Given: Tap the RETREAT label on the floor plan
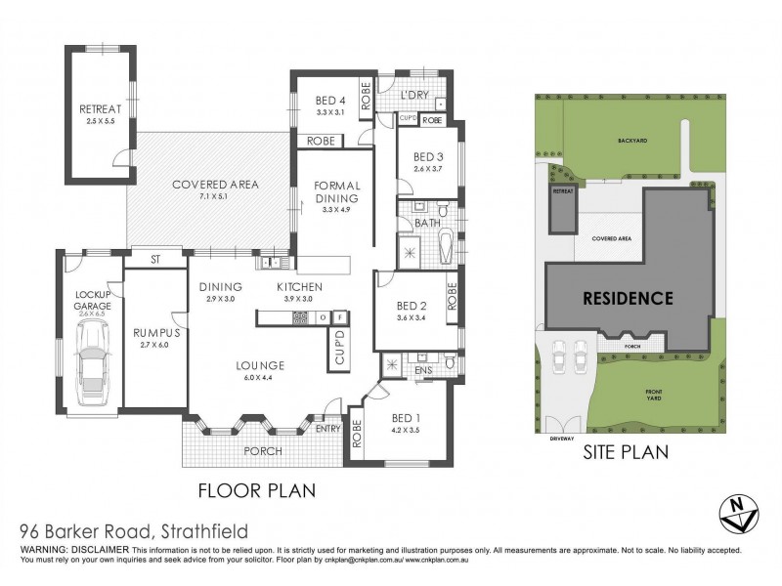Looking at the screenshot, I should (x=98, y=108).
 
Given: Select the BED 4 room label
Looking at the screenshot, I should (x=330, y=99).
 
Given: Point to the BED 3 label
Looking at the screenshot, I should (x=428, y=156).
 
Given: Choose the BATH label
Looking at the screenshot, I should (x=427, y=224).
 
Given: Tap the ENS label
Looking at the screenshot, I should (x=424, y=370).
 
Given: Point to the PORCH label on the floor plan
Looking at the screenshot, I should (x=263, y=451).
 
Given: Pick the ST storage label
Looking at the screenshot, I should (x=155, y=260).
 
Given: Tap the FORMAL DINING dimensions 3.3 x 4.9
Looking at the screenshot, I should (x=336, y=209).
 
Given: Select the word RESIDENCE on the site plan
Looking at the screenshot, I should (x=628, y=298).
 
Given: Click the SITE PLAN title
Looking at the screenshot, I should (x=625, y=452).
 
